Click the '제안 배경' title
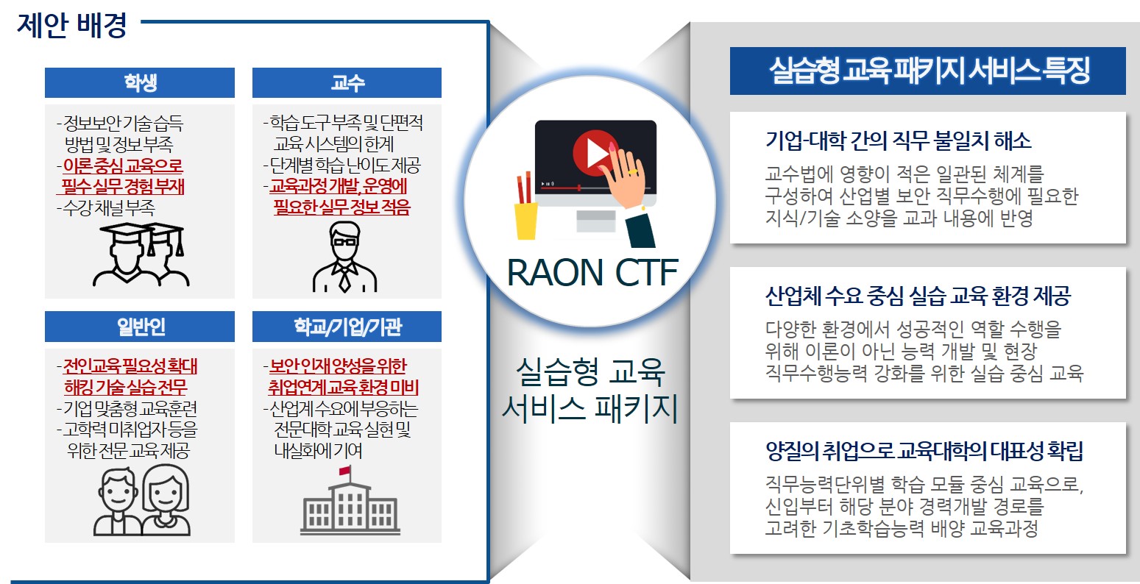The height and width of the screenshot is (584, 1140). (x=72, y=25)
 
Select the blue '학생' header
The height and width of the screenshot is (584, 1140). (x=139, y=82)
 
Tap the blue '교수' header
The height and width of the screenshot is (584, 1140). (x=347, y=82)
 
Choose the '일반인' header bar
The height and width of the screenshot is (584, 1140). (x=139, y=327)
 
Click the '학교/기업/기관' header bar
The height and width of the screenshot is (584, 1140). (x=347, y=327)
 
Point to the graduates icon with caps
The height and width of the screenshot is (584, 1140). (x=141, y=254)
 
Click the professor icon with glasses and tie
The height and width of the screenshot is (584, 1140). (x=344, y=257)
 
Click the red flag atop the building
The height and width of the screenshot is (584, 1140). (x=344, y=471)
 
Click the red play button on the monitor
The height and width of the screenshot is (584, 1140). (x=592, y=152)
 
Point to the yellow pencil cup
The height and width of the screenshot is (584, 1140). (x=525, y=220)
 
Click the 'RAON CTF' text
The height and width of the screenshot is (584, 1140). (x=592, y=273)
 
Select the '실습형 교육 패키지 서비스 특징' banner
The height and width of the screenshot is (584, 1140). (x=928, y=71)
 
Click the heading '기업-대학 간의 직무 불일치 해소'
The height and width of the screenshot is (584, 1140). (x=899, y=140)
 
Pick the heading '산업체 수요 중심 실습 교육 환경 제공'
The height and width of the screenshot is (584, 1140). (x=918, y=296)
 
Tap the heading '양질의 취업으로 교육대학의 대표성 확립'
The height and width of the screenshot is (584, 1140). (x=924, y=451)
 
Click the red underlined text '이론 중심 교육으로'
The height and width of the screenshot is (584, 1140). (x=121, y=165)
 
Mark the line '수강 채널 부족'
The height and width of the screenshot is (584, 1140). (x=106, y=207)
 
